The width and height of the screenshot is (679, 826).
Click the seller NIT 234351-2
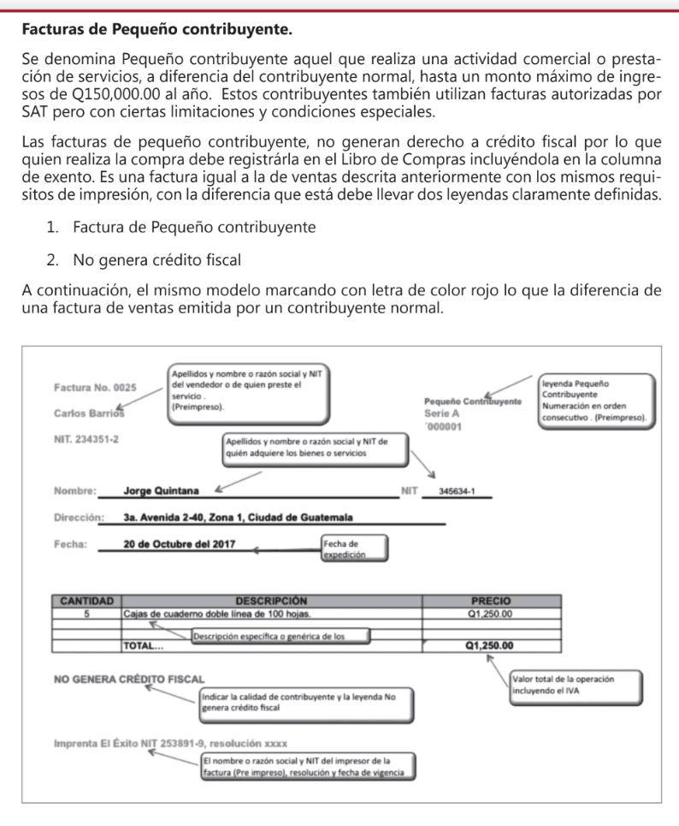click(x=86, y=439)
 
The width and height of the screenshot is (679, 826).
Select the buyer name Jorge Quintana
click(x=162, y=491)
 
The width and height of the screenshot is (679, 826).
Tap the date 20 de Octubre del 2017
click(x=181, y=544)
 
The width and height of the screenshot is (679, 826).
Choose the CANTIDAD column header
click(x=86, y=601)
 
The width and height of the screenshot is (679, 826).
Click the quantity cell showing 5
click(x=86, y=613)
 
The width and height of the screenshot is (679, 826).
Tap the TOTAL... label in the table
click(x=145, y=646)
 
